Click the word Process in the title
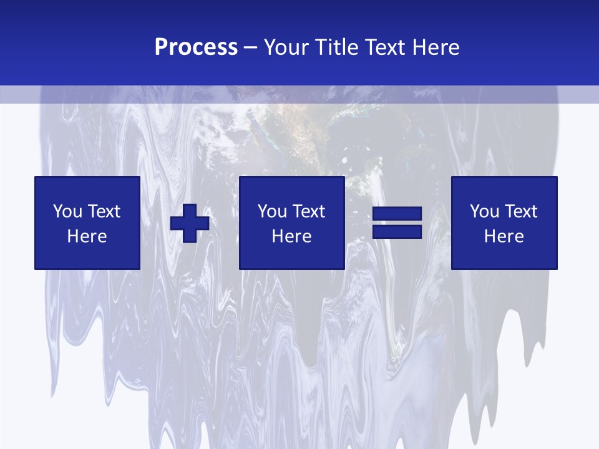pyautogui.click(x=196, y=47)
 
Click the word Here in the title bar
pyautogui.click(x=437, y=47)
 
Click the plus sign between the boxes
pyautogui.click(x=190, y=223)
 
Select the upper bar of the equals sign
pyautogui.click(x=397, y=214)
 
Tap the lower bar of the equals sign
pyautogui.click(x=397, y=231)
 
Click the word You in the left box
pyautogui.click(x=67, y=211)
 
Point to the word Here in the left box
pyautogui.click(x=87, y=236)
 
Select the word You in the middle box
pyautogui.click(x=271, y=211)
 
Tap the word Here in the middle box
pyautogui.click(x=291, y=236)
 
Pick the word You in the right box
pyautogui.click(x=484, y=211)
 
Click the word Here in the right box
pyautogui.click(x=504, y=236)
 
